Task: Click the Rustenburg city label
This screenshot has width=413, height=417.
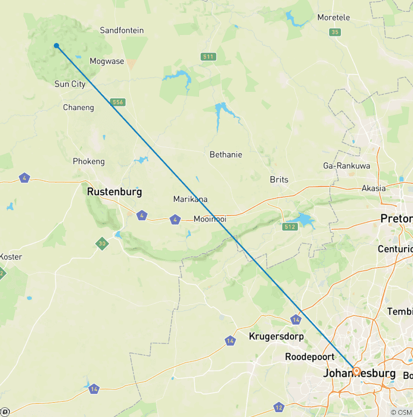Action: pos(115,191)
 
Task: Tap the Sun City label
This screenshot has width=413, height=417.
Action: pos(70,84)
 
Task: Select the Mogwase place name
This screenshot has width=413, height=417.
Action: pos(106,61)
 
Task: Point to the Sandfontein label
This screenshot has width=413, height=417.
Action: pos(122,31)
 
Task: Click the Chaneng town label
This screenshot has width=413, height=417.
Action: pos(79,107)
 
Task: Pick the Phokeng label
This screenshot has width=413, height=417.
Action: pos(89,161)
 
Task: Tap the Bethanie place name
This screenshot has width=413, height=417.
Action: pos(226,155)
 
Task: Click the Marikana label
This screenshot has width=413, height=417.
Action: pos(190,199)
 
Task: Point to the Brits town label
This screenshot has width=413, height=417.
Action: pos(279,179)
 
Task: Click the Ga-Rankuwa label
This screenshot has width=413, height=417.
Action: pos(346,166)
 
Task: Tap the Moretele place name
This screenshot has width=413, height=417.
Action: pos(333,18)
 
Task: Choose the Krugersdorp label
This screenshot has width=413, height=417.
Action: pos(276,337)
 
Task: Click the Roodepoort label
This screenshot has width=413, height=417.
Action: pos(305,357)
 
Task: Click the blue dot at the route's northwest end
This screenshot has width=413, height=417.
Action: pos(56,46)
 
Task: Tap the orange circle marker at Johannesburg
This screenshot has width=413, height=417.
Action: pos(356,371)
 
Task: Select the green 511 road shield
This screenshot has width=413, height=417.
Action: pos(208,56)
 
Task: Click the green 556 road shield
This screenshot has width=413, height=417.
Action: pos(118,102)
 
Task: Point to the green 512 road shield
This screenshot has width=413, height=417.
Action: pos(290,227)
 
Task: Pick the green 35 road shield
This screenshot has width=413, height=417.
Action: pos(336,32)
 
